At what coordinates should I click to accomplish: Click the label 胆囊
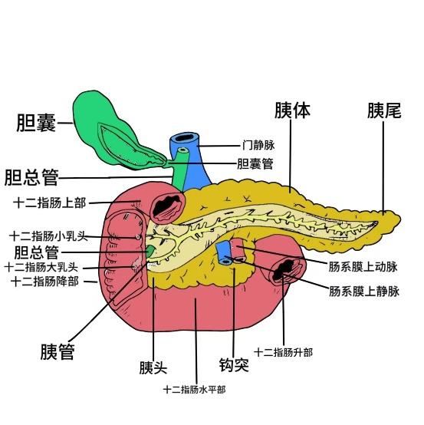36,123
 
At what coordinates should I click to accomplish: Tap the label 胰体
292,110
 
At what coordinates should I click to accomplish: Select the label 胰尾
384,110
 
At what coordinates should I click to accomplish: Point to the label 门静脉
258,145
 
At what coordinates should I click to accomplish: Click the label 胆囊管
255,163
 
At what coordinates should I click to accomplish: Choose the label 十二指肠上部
50,203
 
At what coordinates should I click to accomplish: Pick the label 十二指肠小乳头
49,236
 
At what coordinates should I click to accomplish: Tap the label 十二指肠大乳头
41,268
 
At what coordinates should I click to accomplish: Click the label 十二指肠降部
45,282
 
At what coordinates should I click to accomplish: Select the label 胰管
58,352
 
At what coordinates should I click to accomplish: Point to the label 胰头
153,367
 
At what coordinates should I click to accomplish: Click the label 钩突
234,365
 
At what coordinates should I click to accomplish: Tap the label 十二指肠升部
284,353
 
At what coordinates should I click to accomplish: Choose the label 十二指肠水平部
194,390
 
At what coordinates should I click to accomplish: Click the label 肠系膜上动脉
363,267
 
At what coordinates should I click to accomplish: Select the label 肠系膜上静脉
364,292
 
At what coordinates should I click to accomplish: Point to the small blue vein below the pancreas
224,253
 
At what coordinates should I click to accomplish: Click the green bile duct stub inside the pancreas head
150,251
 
